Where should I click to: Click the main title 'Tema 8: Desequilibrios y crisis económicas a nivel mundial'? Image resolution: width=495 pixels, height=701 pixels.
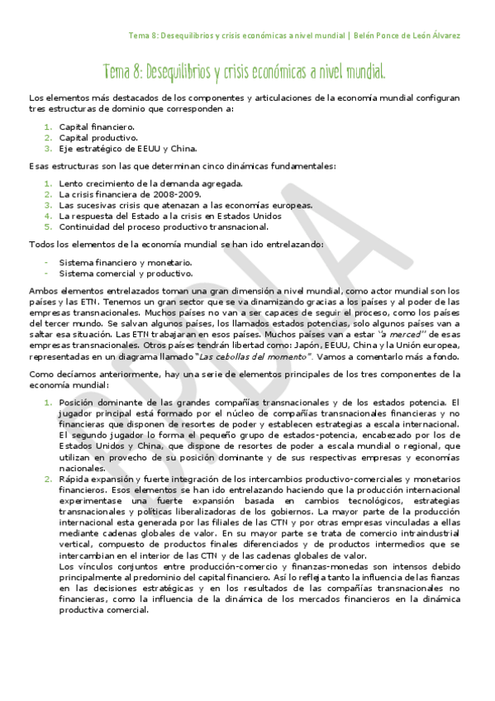[x=245, y=72]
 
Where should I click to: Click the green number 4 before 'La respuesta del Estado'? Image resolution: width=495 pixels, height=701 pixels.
[x=48, y=215]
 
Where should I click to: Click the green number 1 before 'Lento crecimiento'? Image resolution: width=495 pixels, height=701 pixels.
[x=48, y=183]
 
